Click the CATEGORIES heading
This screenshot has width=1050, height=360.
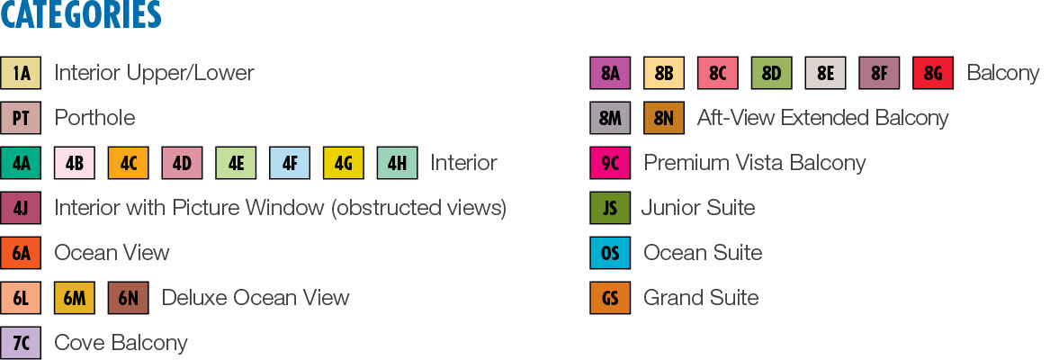click(81, 15)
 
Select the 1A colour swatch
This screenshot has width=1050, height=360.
click(21, 73)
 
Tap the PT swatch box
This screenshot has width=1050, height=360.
click(21, 118)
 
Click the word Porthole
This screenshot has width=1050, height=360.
click(94, 118)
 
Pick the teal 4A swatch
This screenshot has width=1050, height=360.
click(21, 163)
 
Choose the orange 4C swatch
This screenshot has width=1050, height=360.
click(128, 163)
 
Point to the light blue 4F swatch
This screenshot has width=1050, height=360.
click(289, 163)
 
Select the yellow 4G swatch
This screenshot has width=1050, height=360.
click(343, 163)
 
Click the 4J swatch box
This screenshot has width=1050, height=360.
click(21, 208)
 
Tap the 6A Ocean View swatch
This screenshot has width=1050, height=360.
click(21, 253)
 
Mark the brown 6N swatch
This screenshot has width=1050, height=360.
click(128, 298)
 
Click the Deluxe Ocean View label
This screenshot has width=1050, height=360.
click(255, 298)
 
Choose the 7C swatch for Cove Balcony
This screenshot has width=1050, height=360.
click(21, 343)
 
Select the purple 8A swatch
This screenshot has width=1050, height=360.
click(610, 73)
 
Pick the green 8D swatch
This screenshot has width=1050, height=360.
click(771, 73)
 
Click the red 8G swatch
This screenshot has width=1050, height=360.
click(932, 73)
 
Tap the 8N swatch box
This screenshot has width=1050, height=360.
click(664, 118)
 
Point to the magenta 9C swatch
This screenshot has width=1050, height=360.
click(610, 163)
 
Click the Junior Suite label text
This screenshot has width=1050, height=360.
click(698, 208)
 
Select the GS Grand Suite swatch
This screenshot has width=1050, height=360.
click(610, 298)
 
